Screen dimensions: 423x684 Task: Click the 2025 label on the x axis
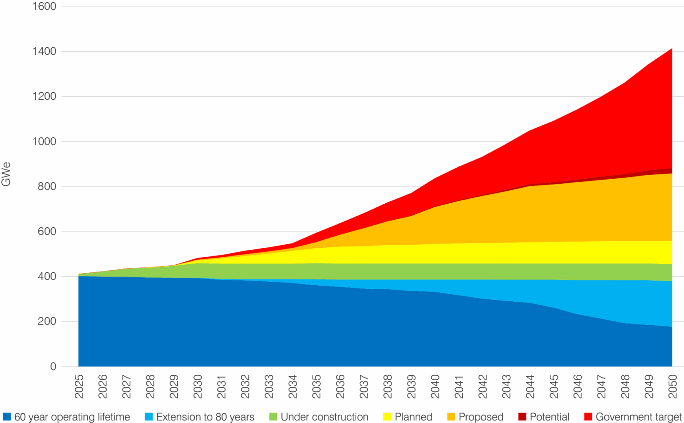coord(79,386)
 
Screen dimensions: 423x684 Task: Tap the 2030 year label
coord(198,386)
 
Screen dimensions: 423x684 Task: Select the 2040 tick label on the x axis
coord(435,386)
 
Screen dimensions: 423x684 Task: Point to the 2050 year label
coord(672,386)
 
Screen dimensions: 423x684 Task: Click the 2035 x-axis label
coord(316,386)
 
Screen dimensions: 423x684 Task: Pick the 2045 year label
coord(554,386)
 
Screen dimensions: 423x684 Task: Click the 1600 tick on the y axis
coord(44,6)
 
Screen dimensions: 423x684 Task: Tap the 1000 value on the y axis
coord(44,141)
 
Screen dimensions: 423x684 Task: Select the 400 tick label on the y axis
coord(47,276)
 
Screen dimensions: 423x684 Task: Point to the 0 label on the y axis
coord(53,366)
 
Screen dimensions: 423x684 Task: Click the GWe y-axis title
coord(6,174)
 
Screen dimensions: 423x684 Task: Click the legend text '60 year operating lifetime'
coord(72,417)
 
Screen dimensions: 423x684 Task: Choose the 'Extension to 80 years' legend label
coord(205,417)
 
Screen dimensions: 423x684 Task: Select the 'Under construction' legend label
coord(325,417)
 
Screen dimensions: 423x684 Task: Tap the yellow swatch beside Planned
coord(387,417)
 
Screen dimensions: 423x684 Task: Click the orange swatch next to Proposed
coord(451,417)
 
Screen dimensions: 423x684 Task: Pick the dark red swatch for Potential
coord(522,417)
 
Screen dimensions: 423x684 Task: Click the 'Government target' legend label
coord(638,417)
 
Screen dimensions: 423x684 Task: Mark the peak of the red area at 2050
coord(672,49)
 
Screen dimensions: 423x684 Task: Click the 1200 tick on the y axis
coord(44,96)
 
